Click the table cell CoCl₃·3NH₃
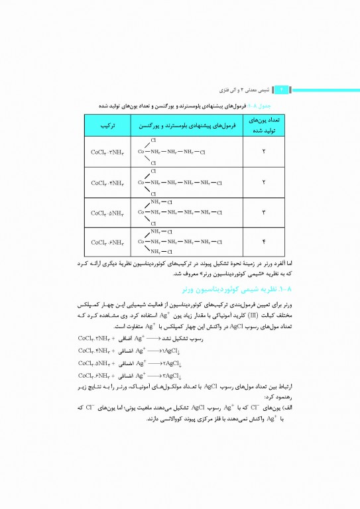click(105, 152)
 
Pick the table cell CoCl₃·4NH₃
click(105, 182)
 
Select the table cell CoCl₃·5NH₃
click(105, 213)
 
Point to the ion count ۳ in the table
click(265, 213)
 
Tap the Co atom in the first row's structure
click(141, 152)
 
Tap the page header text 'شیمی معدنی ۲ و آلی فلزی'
click(245, 89)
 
